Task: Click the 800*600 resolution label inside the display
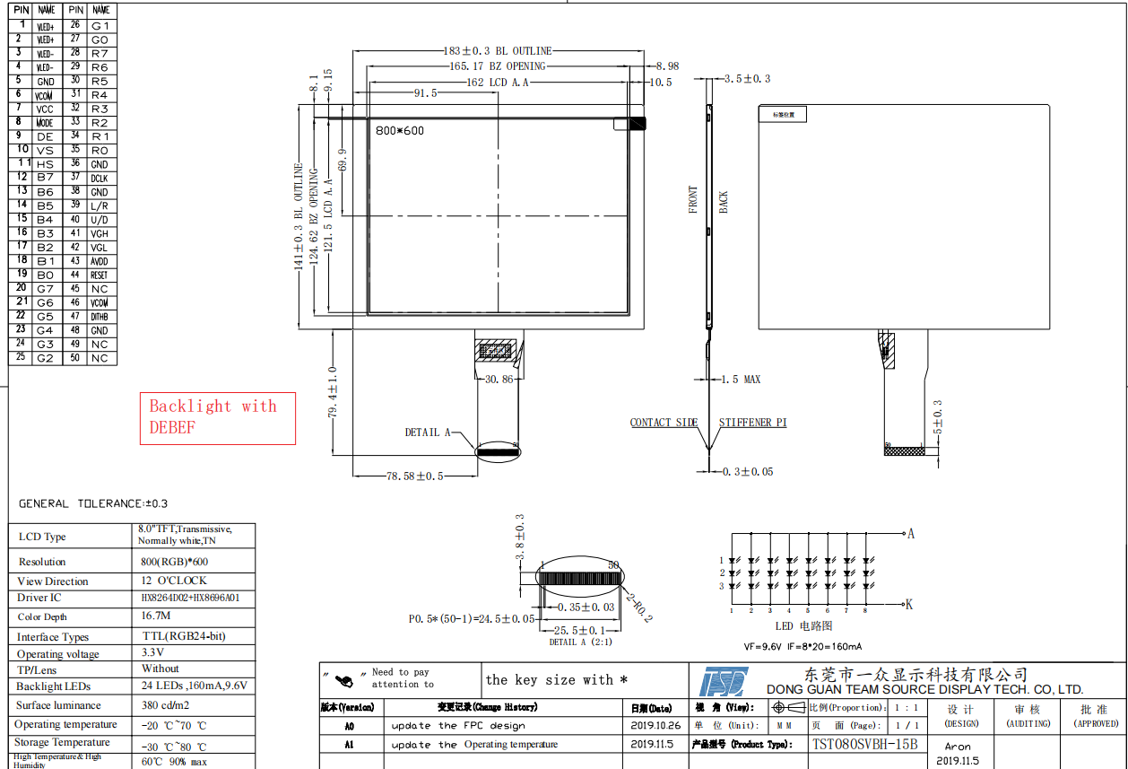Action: pos(400,131)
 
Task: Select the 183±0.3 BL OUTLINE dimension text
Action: pos(498,51)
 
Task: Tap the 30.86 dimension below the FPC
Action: pos(499,380)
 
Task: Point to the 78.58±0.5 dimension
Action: pos(414,476)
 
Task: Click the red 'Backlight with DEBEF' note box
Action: pos(217,417)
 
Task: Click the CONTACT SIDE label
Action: pos(664,423)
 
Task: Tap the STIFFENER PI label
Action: pos(752,423)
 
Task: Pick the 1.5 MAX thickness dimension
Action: pos(741,380)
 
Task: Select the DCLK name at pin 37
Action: pos(100,179)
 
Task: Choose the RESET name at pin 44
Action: pos(100,275)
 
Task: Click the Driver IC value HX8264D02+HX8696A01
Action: pos(190,598)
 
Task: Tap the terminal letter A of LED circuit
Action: pos(911,534)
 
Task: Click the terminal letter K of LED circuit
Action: pos(909,605)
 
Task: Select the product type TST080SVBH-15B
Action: pos(864,744)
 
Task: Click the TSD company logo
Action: pos(724,681)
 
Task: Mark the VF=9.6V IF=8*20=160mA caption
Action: pos(803,646)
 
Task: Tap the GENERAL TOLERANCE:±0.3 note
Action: pos(93,504)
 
